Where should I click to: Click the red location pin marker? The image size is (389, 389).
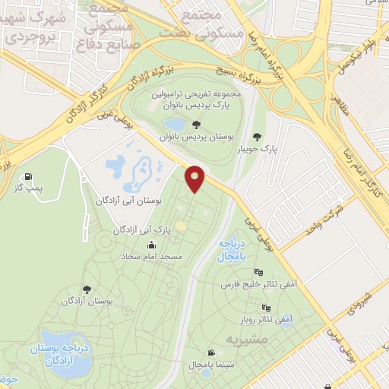[x=196, y=179]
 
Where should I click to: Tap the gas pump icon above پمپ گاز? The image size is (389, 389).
[x=29, y=176]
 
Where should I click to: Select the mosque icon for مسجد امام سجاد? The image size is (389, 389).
[x=152, y=245]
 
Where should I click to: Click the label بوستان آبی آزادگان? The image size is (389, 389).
[x=127, y=202]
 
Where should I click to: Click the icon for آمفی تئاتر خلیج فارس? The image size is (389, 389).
[x=259, y=272]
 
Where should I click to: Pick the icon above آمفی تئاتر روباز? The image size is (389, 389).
[x=265, y=308]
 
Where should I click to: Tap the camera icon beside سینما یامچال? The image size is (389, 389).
[x=210, y=352]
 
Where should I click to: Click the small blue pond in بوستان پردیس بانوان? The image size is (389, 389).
[x=174, y=124]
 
